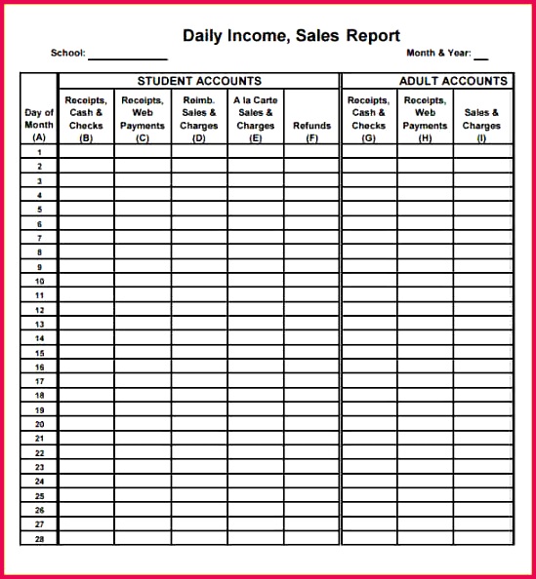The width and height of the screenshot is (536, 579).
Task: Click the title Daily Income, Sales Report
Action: point(291,36)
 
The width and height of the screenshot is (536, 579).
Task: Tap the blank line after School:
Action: point(128,56)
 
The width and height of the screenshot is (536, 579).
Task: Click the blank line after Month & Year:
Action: point(480,56)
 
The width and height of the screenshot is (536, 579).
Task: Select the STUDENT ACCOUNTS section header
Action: point(199,81)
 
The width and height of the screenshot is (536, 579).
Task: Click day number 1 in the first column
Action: point(39,152)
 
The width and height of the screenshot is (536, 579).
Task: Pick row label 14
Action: point(39,338)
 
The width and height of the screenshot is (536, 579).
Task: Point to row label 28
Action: point(39,538)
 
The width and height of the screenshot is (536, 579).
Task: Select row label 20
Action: point(39,424)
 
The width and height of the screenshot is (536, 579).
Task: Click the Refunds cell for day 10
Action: point(311,281)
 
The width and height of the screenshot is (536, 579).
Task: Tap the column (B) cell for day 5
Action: point(86,210)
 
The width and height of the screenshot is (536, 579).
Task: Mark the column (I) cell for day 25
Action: point(482,495)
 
